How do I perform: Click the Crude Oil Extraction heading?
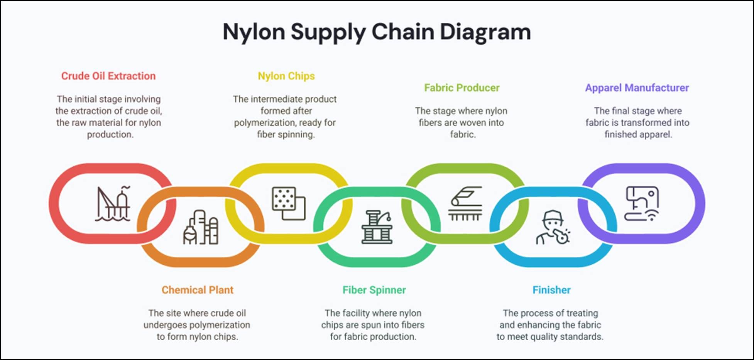click(x=108, y=76)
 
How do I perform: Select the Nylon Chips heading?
click(x=286, y=76)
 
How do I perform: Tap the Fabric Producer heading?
click(x=462, y=88)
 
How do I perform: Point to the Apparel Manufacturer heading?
click(x=637, y=88)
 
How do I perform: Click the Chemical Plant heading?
click(x=198, y=290)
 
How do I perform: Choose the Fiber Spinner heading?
click(x=374, y=290)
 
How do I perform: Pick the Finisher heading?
click(x=551, y=290)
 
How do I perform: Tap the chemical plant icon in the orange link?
click(x=201, y=227)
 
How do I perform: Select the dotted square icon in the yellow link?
click(x=289, y=203)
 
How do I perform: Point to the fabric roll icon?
click(x=465, y=203)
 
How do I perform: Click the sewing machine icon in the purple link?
click(x=642, y=203)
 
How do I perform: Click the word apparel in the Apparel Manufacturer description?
click(x=655, y=134)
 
